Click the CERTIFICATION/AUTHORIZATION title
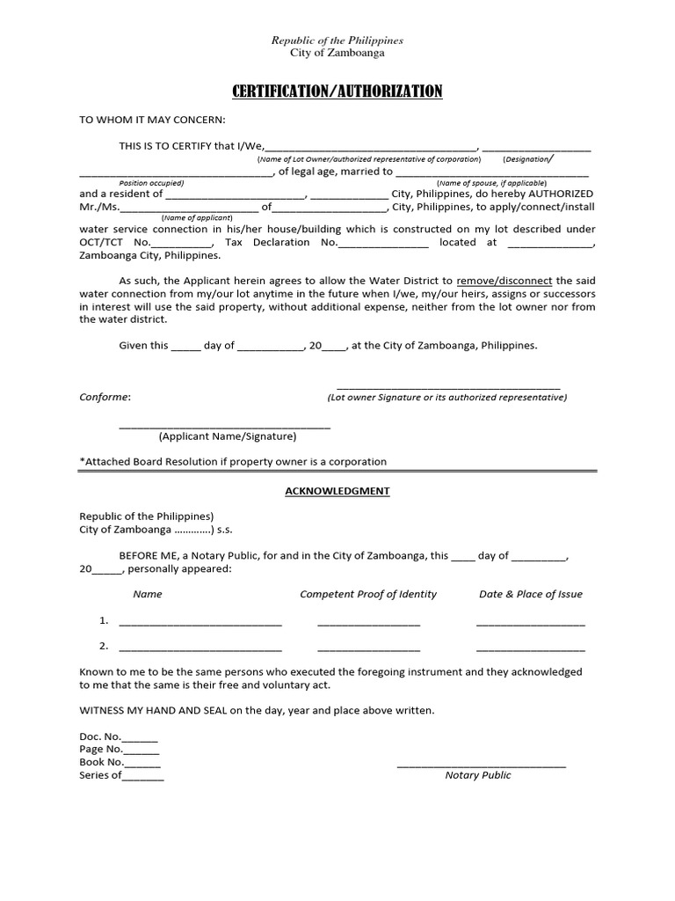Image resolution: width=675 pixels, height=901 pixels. coord(337,92)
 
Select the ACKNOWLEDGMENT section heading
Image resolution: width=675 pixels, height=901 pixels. coord(337,491)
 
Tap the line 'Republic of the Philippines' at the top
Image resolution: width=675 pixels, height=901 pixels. coord(337,40)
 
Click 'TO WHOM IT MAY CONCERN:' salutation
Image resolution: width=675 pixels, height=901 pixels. coord(152,120)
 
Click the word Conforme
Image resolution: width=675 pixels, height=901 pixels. coord(105,397)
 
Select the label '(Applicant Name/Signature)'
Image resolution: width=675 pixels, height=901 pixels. coord(228,436)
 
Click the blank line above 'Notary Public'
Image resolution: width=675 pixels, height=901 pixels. coord(481,765)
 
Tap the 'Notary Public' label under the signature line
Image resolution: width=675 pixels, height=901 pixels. coord(477,775)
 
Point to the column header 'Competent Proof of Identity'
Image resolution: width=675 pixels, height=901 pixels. coord(368,594)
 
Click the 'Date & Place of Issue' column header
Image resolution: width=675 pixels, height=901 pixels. coord(530,594)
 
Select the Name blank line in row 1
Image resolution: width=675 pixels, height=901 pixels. coord(200,624)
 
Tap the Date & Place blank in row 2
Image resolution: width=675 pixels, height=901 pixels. coord(530,649)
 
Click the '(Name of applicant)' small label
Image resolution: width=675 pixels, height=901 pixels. coord(197,217)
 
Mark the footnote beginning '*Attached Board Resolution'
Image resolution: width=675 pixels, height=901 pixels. coord(233,462)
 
